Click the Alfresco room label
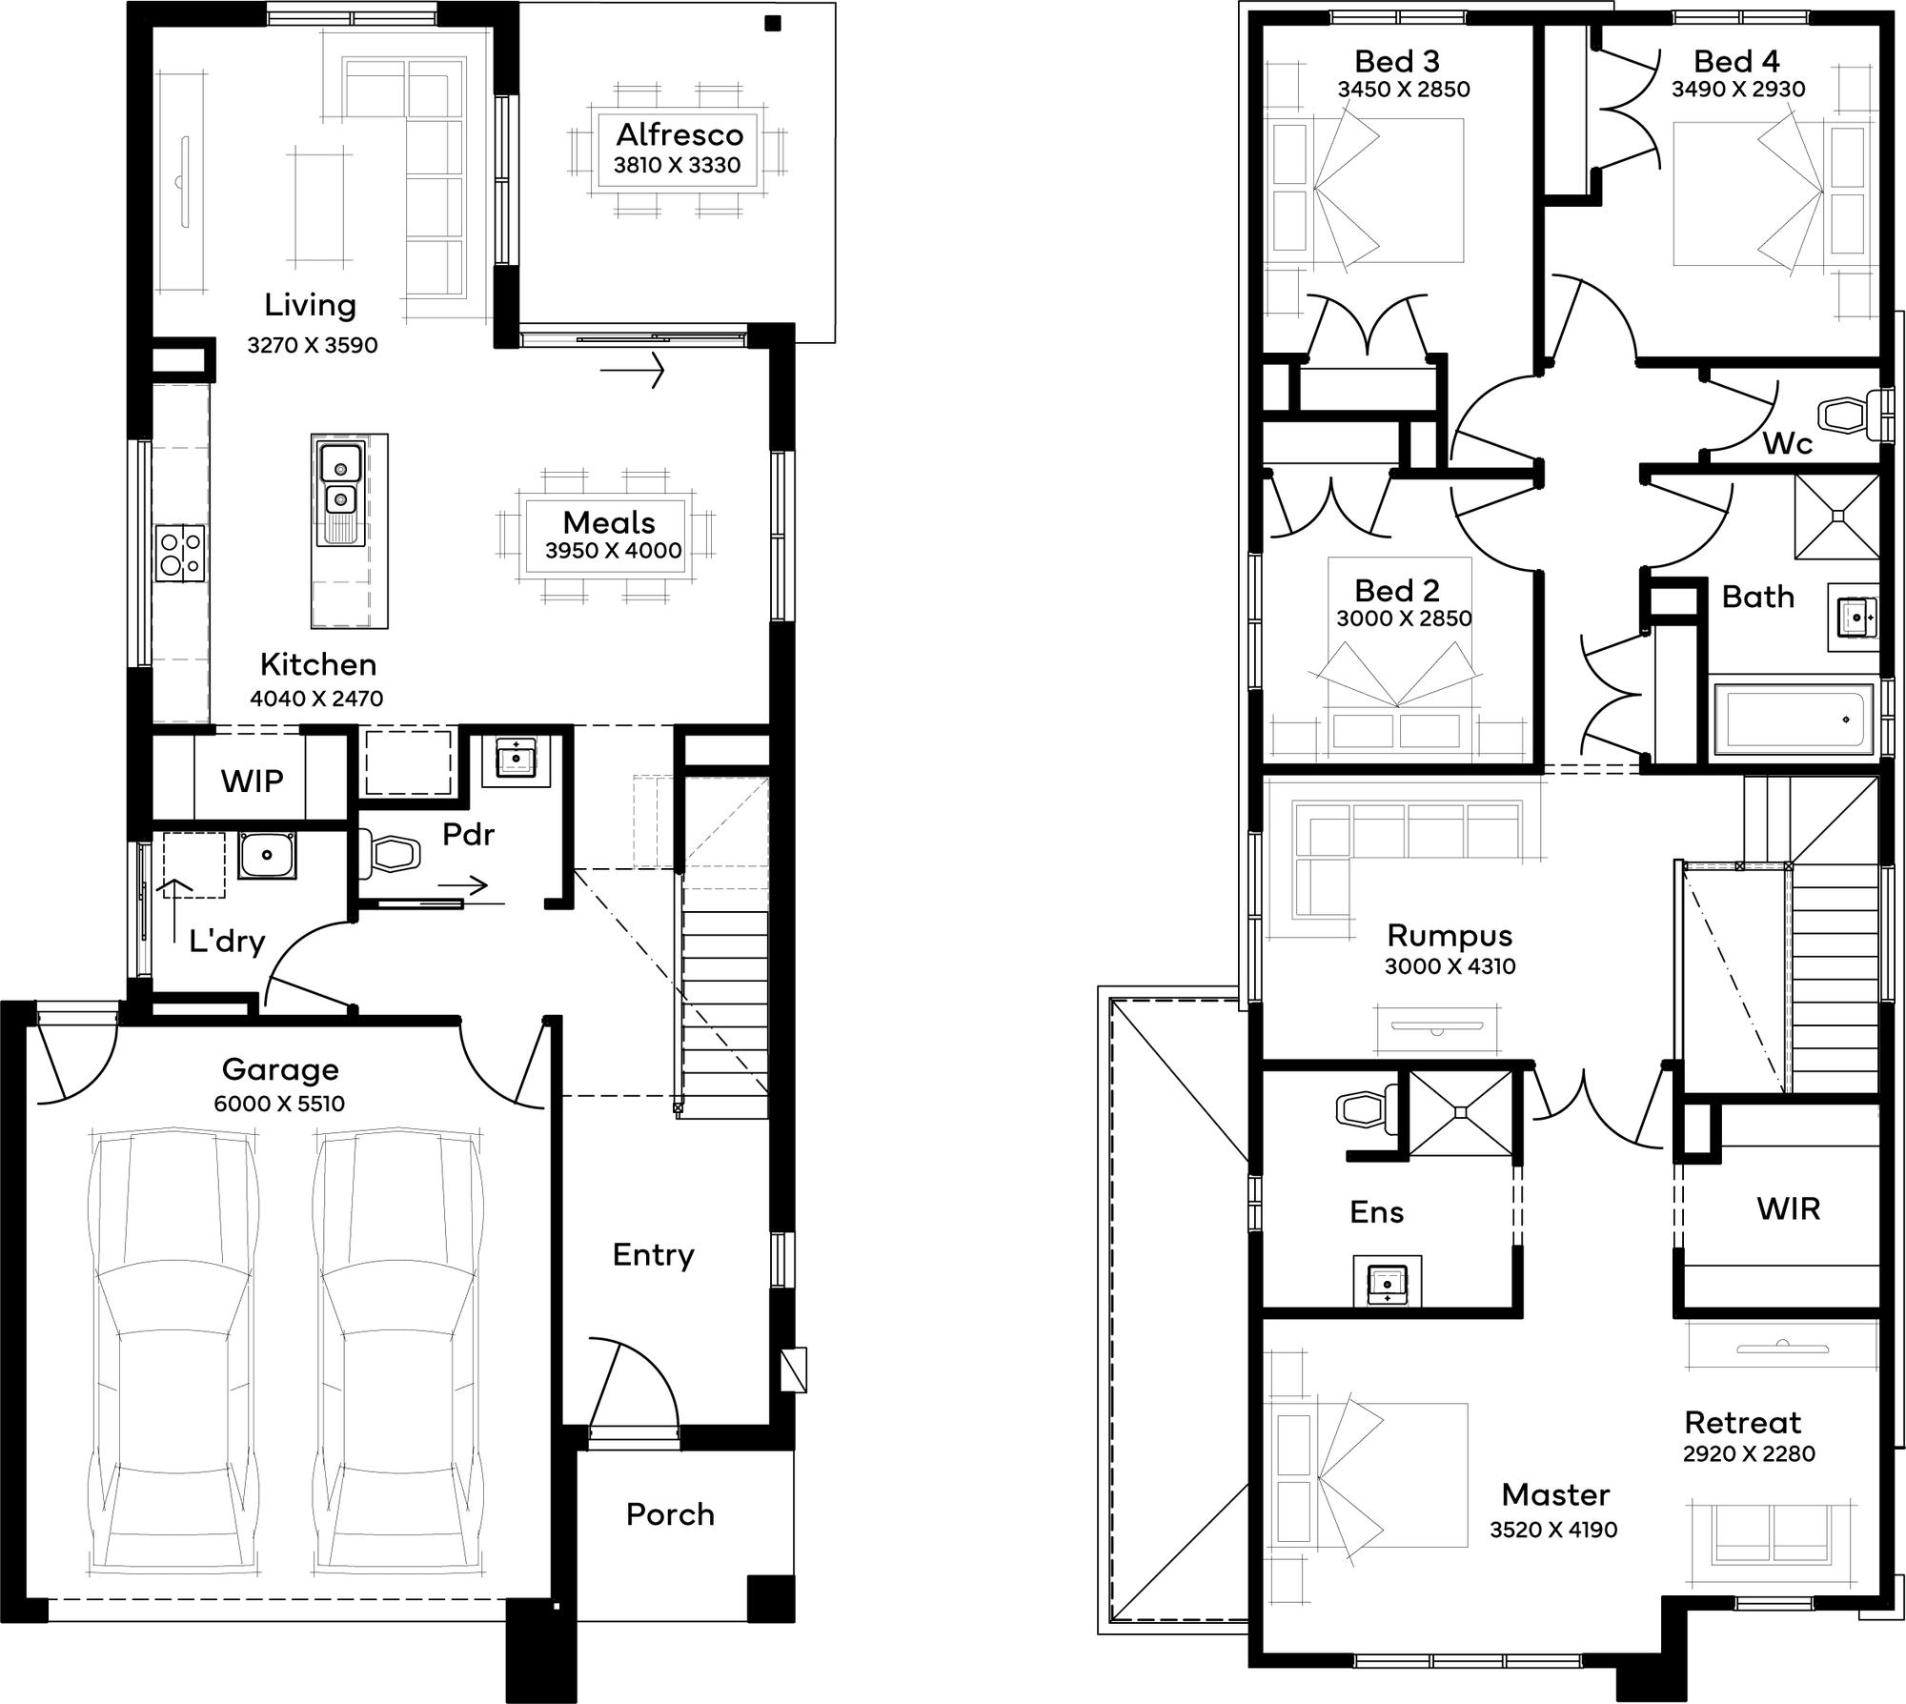[679, 134]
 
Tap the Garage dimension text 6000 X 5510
[279, 1104]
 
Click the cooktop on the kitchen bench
[180, 553]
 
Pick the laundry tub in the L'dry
[267, 854]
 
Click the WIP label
[252, 781]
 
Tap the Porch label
[670, 1514]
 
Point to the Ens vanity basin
[1387, 1283]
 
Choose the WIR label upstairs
[1789, 1208]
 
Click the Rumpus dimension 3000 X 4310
[1450, 965]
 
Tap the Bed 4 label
[1736, 61]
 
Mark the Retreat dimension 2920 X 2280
[1749, 1453]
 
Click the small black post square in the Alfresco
[773, 24]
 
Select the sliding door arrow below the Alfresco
[632, 370]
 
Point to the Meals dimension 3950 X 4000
[614, 550]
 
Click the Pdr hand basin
[517, 758]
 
